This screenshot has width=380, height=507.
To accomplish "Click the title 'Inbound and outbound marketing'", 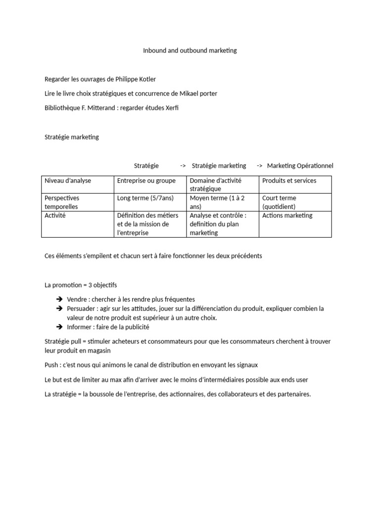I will pyautogui.click(x=190, y=51).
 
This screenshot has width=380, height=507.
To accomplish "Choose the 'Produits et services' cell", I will pyautogui.click(x=289, y=181).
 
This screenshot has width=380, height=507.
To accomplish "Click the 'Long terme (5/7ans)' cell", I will pyautogui.click(x=145, y=198).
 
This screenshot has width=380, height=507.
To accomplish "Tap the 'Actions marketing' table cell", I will pyautogui.click(x=287, y=215).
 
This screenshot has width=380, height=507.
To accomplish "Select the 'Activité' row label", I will pyautogui.click(x=55, y=215).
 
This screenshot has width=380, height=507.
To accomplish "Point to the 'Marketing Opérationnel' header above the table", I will pyautogui.click(x=300, y=165).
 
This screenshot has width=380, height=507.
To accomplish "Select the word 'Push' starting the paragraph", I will pyautogui.click(x=51, y=365).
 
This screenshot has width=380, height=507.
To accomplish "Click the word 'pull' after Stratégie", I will pyautogui.click(x=77, y=342).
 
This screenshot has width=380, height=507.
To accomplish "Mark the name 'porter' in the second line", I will pyautogui.click(x=207, y=94).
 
